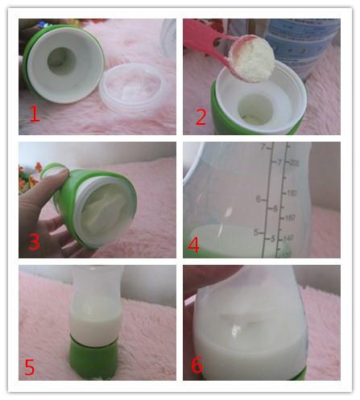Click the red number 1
[35, 114]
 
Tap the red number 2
[201, 118]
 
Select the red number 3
[34, 241]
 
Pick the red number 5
[30, 367]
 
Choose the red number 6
[197, 365]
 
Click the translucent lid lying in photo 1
[134, 86]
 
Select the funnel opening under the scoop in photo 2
[256, 109]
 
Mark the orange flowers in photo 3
[29, 176]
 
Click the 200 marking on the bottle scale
[294, 163]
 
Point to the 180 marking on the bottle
[292, 193]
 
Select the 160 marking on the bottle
[290, 217]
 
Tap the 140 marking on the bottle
[288, 237]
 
